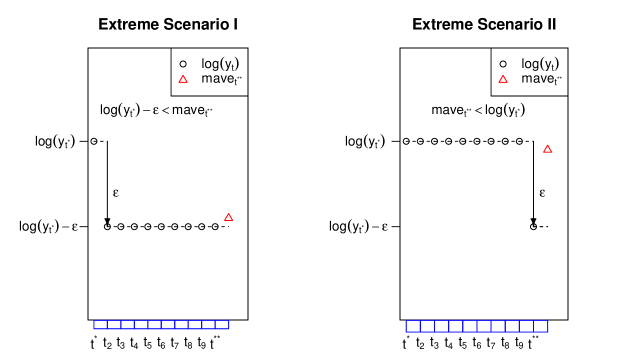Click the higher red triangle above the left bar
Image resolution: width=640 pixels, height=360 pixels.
click(x=183, y=79)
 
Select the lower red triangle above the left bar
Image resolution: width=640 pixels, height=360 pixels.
click(x=228, y=217)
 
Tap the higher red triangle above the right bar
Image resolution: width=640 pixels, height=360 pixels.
click(x=503, y=79)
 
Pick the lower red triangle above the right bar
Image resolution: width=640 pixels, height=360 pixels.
click(x=548, y=149)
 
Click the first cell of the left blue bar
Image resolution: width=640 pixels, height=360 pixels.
click(x=101, y=325)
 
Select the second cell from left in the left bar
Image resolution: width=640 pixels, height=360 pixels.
click(x=114, y=325)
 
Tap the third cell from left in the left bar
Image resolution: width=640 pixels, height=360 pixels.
click(x=128, y=325)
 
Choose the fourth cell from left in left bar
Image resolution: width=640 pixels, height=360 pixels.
click(x=141, y=325)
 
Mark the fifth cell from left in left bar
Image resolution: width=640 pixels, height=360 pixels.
click(x=155, y=325)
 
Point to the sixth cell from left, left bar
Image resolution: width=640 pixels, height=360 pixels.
click(x=168, y=325)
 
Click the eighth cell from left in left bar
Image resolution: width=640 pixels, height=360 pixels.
click(x=195, y=325)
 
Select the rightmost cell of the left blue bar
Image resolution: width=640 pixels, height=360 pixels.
click(x=222, y=325)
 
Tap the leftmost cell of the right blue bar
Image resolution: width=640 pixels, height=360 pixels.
click(x=413, y=326)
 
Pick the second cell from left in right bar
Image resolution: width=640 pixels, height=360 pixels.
click(x=427, y=326)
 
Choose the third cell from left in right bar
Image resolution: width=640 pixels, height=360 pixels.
click(x=441, y=326)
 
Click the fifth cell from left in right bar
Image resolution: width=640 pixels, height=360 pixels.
click(x=470, y=326)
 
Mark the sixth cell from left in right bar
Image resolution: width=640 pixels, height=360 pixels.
click(x=484, y=326)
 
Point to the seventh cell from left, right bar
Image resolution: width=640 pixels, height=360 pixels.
click(x=498, y=326)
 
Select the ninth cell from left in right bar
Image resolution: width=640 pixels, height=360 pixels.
click(x=527, y=326)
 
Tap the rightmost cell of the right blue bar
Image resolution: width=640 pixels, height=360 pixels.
click(x=541, y=326)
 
